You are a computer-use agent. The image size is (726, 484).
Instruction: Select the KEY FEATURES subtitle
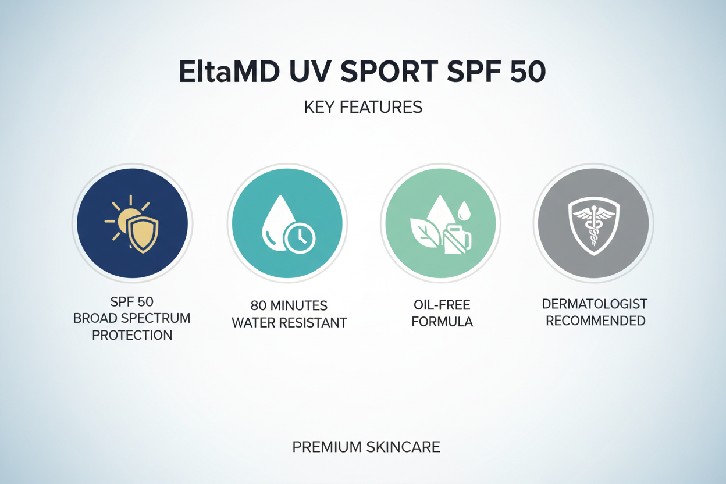click(363, 108)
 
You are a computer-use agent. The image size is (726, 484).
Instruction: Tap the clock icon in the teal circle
click(299, 238)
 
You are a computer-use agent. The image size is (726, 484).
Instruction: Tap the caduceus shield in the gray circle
click(593, 223)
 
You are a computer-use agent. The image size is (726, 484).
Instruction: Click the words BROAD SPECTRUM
click(132, 319)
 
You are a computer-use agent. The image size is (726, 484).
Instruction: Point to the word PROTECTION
click(132, 335)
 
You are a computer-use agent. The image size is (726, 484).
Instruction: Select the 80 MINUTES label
click(289, 306)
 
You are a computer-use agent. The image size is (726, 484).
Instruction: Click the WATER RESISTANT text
click(289, 322)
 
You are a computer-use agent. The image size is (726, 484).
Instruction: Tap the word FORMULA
click(442, 322)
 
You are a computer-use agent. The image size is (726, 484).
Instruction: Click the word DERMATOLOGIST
click(595, 304)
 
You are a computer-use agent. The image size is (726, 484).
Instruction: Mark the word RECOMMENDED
click(595, 320)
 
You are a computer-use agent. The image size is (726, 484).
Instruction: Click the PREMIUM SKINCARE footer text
click(366, 447)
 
